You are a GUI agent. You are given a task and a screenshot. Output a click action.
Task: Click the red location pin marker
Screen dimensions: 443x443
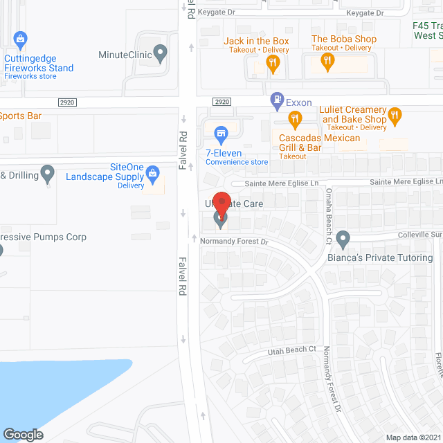tap(221, 202)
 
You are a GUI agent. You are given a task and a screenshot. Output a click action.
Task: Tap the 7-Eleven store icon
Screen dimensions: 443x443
tap(221, 132)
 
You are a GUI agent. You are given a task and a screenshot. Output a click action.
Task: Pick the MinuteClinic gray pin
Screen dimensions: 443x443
tap(161, 52)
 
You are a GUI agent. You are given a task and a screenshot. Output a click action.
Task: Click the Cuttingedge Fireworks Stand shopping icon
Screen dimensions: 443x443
tap(20, 39)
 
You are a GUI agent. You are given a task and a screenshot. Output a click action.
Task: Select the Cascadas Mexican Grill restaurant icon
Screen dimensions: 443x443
tap(296, 120)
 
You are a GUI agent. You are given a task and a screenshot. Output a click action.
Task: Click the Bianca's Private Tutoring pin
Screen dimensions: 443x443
tap(343, 239)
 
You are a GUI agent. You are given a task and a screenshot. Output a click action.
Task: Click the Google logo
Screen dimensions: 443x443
tap(23, 434)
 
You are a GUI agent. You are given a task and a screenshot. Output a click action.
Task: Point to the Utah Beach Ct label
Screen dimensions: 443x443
tap(291, 351)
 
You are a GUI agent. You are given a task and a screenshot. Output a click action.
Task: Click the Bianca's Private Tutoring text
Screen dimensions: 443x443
tap(380, 258)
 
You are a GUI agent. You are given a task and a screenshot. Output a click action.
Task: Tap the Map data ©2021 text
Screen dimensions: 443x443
tap(413, 437)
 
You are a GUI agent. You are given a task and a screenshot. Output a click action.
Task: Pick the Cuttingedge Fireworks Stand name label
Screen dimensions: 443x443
tap(39, 63)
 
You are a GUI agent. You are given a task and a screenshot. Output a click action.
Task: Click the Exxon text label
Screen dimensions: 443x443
tap(299, 102)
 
